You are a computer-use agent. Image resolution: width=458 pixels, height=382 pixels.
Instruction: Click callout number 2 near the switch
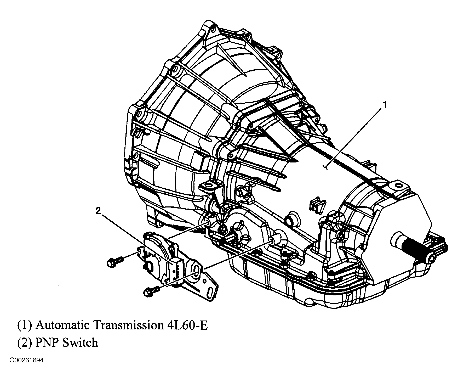(98, 211)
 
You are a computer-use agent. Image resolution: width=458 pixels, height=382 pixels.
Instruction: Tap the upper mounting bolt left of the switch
(115, 262)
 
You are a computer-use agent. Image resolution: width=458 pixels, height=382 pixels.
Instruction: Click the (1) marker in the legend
(25, 325)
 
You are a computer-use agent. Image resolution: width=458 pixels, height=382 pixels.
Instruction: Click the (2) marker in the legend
(25, 343)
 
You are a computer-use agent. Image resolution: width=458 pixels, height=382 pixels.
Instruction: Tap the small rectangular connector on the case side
(317, 204)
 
